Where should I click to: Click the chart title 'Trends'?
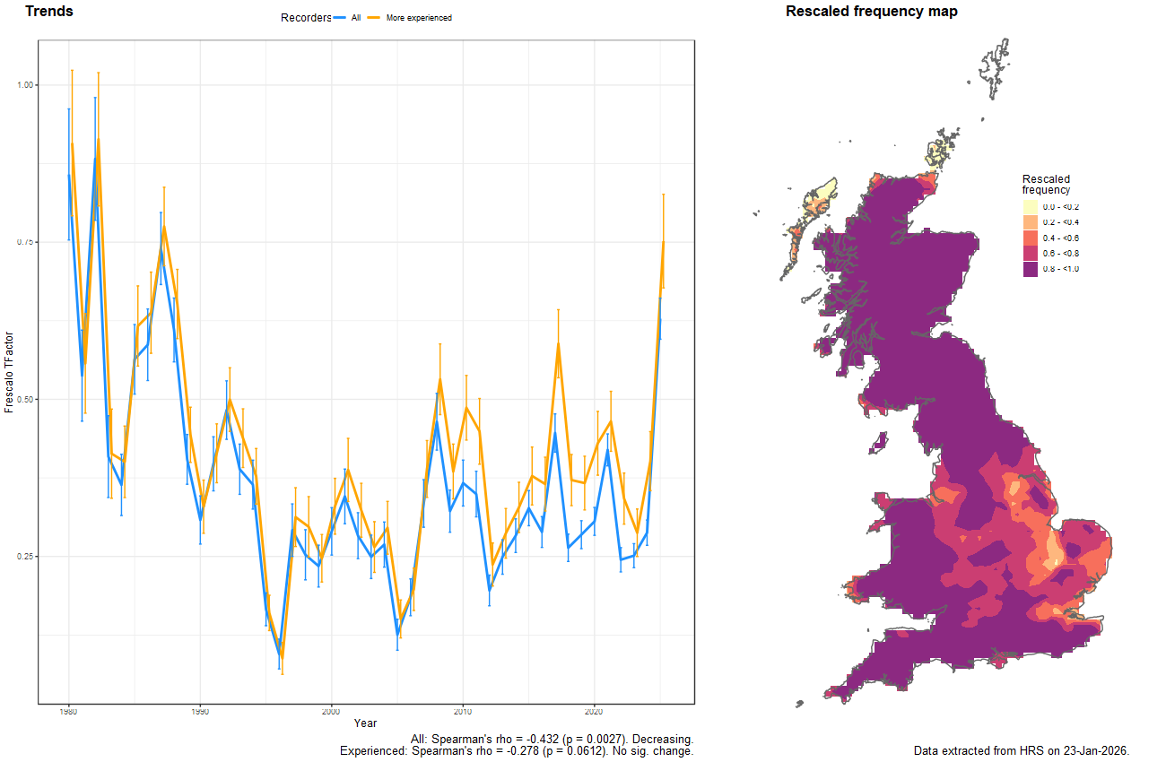tap(49, 12)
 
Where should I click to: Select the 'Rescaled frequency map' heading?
tap(871, 12)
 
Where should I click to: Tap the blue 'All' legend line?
tap(340, 18)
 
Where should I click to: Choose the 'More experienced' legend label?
tap(419, 18)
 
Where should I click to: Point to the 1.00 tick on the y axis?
tap(25, 85)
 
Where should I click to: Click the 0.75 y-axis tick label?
tap(25, 242)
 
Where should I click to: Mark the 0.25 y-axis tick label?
tap(25, 557)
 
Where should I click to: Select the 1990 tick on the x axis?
tap(200, 712)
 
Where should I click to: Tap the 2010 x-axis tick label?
tap(463, 712)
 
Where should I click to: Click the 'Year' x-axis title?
tap(365, 723)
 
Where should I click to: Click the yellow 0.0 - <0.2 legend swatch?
tap(1031, 207)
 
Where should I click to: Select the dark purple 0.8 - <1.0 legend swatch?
tap(1031, 269)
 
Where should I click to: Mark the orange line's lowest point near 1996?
tap(283, 657)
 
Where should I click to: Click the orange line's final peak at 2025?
tap(663, 242)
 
